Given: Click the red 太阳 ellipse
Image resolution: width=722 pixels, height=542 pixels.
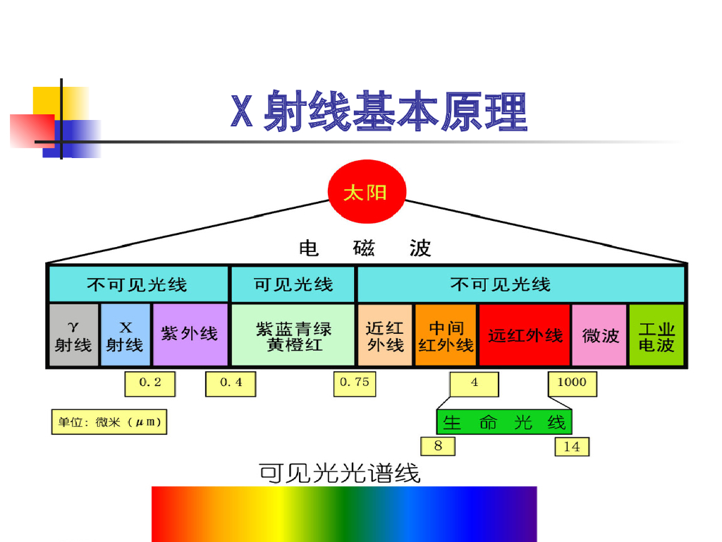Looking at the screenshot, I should [x=367, y=193].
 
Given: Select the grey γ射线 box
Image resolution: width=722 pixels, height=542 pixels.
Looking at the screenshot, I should [x=74, y=335].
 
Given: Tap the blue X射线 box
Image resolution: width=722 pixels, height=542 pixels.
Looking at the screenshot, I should [x=126, y=335].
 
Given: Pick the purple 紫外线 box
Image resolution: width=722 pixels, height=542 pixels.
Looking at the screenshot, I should [x=190, y=335].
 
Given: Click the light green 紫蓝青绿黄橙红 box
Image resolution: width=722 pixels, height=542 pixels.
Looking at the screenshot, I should [x=293, y=335].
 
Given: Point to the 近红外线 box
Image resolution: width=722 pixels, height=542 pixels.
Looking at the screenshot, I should [x=385, y=335].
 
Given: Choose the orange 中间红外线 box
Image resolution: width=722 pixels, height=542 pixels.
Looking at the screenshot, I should [x=446, y=335].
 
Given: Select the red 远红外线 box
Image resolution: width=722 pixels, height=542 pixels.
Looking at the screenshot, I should [x=525, y=335].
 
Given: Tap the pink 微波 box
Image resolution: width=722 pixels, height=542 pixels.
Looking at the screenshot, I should [x=599, y=335].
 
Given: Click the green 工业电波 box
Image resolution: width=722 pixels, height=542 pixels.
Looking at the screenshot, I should [x=656, y=335].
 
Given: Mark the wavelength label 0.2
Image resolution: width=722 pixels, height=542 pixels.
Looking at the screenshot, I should [x=150, y=383].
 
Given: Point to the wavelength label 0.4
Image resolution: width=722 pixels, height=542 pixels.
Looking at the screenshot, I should [x=231, y=383].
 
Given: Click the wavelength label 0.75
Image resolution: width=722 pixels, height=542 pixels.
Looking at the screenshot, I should [x=354, y=383].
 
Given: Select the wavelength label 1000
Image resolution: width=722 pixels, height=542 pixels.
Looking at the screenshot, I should [x=572, y=383].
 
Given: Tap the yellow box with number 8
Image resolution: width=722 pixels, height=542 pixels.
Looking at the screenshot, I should [x=438, y=446].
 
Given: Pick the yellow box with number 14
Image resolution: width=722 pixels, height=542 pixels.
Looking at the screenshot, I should [x=572, y=446].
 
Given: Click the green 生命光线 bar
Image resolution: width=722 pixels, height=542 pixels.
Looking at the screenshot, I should [x=504, y=422].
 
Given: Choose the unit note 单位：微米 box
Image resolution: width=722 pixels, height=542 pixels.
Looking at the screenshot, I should [x=109, y=423].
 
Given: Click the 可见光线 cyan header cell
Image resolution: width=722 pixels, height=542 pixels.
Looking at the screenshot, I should [x=293, y=284].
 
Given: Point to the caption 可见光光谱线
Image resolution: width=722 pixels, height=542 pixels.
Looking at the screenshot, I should [x=341, y=471].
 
